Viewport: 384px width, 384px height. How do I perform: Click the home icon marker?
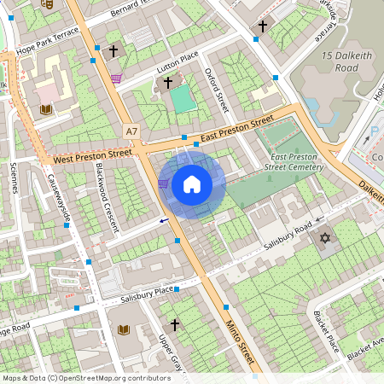tap(192, 184)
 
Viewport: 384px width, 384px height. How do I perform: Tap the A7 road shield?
tap(131, 131)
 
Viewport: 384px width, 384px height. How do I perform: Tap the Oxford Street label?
tap(220, 90)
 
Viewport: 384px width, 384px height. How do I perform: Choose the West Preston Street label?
tap(92, 156)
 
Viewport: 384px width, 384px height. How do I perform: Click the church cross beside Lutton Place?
tap(168, 83)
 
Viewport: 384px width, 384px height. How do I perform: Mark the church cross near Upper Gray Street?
tap(175, 325)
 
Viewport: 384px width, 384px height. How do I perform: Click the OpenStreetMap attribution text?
tap(86, 377)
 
